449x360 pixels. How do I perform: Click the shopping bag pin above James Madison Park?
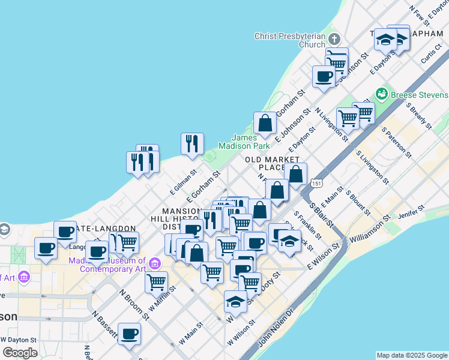tap(265, 124)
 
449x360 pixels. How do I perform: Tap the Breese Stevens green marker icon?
tap(381, 94)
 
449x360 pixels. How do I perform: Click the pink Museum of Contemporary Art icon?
tap(154, 263)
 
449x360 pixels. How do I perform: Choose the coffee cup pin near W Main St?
tap(129, 334)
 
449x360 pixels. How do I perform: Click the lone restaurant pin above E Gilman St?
tap(192, 143)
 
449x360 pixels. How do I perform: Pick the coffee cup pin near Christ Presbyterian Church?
tap(324, 76)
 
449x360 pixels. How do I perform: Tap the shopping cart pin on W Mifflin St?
tap(156, 281)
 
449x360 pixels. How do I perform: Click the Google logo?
tap(19, 353)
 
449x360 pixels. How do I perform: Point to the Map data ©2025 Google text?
tap(412, 355)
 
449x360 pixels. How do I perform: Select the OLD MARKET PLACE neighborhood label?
tap(272, 163)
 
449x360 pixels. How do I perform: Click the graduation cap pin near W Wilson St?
tap(235, 301)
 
